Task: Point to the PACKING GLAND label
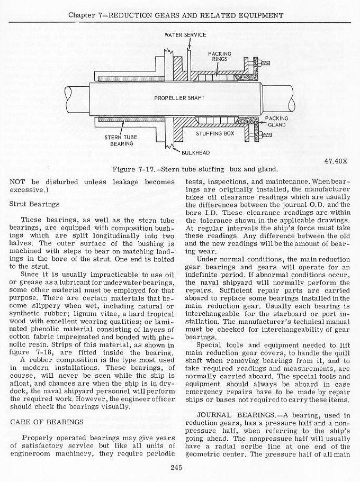tap(276, 122)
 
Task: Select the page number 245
tap(177, 466)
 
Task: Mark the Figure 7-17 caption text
tap(195, 169)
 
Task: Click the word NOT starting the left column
tap(17, 182)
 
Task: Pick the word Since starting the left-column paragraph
tap(31, 275)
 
